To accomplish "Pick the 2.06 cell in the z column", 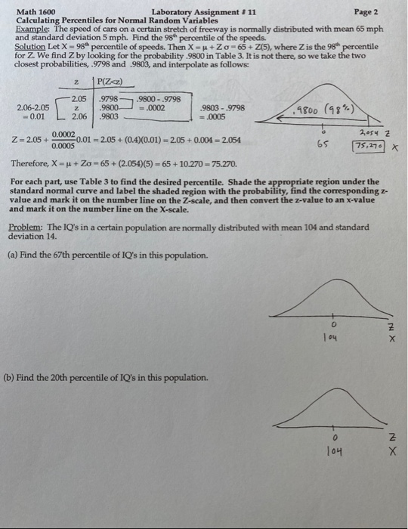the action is tap(79, 117).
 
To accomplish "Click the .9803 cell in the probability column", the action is tap(110, 117).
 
